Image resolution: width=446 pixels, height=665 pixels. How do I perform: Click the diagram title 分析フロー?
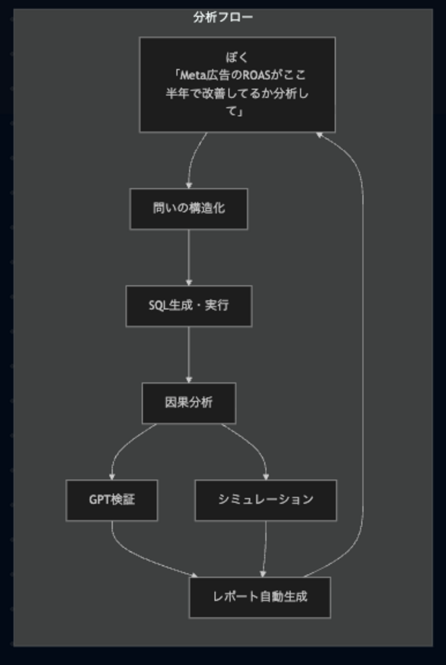click(223, 17)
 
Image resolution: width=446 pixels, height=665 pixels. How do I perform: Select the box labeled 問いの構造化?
click(189, 209)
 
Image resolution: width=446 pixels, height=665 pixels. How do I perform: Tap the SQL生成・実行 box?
click(189, 306)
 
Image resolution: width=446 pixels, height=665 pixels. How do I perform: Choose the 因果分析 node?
click(189, 403)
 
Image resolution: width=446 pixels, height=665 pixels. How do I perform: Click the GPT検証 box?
click(112, 500)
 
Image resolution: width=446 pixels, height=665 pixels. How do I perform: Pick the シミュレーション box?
click(265, 500)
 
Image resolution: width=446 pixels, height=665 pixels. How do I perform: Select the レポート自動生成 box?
click(260, 597)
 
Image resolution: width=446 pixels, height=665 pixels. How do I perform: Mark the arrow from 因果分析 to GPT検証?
click(124, 446)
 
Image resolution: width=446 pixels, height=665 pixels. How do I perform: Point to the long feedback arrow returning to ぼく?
click(362, 341)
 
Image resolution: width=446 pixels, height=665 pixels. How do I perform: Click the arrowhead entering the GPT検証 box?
click(112, 477)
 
